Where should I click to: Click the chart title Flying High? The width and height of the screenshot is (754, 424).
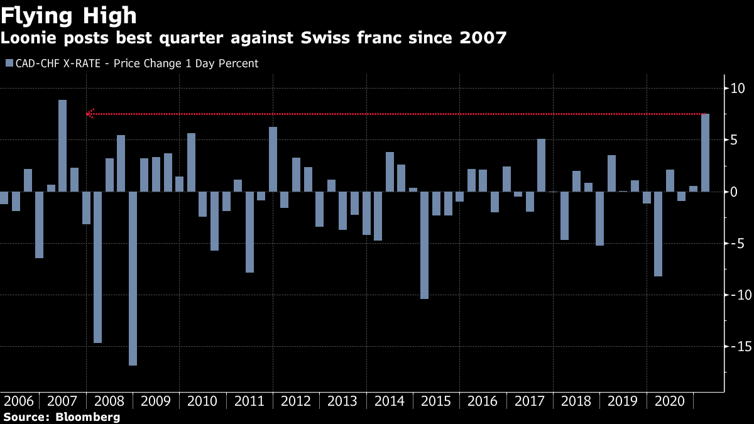coord(70,14)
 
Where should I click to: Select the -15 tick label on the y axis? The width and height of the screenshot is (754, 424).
coord(735,346)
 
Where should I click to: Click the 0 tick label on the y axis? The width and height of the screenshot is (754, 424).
coord(733,192)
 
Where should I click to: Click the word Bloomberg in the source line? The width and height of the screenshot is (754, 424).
coord(87,417)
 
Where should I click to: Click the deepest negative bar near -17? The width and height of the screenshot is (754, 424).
coord(133,278)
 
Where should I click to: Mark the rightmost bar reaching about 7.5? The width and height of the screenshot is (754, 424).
coord(705,153)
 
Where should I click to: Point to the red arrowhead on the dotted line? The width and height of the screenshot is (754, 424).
coord(90,114)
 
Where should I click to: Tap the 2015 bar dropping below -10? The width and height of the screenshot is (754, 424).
coord(425,245)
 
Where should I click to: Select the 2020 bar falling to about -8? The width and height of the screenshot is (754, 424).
coord(658,234)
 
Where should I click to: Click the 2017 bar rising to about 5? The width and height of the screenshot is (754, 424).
coord(541,165)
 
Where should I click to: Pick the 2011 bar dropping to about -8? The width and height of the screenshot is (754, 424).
coord(249,232)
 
